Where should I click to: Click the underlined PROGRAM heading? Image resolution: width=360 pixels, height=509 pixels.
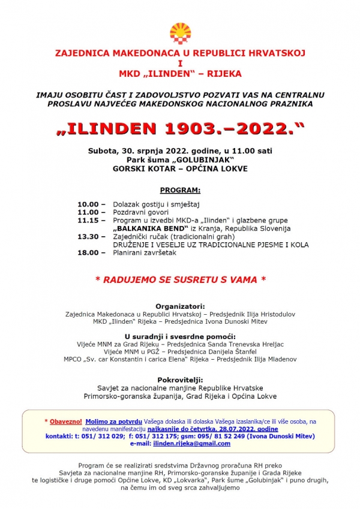(180, 190)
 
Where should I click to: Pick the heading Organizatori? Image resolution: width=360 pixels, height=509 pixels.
(180, 306)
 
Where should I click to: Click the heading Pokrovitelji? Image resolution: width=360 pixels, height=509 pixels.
(180, 380)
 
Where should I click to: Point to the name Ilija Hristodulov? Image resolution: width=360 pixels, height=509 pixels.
(267, 314)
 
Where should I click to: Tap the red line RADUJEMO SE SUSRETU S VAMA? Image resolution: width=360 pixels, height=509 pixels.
(180, 279)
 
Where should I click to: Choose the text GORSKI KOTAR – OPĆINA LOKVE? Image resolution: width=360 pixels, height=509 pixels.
(180, 169)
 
